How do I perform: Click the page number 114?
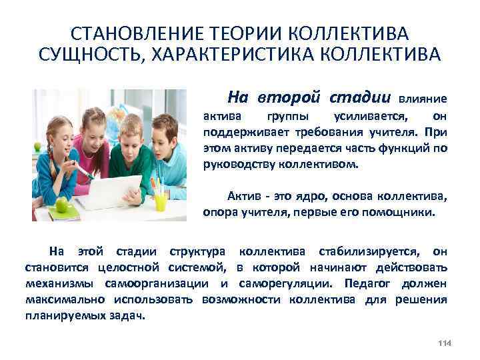(x=445, y=343)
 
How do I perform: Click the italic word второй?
(x=295, y=97)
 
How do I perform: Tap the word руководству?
(x=235, y=161)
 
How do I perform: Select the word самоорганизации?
(x=169, y=283)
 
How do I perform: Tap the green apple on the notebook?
(x=62, y=206)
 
